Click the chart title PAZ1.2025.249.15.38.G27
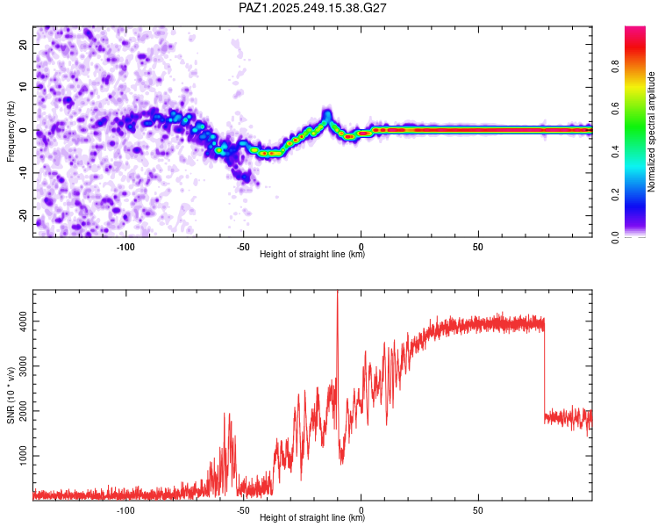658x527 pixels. pyautogui.click(x=312, y=8)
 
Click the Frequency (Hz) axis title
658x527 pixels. pyautogui.click(x=11, y=132)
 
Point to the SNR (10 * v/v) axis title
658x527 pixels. pyautogui.click(x=11, y=395)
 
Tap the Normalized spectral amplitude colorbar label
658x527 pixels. pyautogui.click(x=651, y=132)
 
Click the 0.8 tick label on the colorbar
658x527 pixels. pyautogui.click(x=615, y=67)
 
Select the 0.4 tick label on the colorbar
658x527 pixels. pyautogui.click(x=615, y=151)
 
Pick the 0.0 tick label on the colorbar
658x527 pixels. pyautogui.click(x=615, y=237)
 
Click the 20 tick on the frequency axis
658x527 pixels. pyautogui.click(x=23, y=44)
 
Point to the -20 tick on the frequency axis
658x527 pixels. pyautogui.click(x=23, y=215)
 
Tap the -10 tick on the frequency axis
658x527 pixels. pyautogui.click(x=23, y=172)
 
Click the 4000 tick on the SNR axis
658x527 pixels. pyautogui.click(x=23, y=321)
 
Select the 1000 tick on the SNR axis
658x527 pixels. pyautogui.click(x=23, y=456)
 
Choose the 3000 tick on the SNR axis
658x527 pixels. pyautogui.click(x=23, y=366)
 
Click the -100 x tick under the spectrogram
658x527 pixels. pyautogui.click(x=125, y=247)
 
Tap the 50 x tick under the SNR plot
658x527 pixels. pyautogui.click(x=478, y=510)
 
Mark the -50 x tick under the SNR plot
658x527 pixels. pyautogui.click(x=243, y=510)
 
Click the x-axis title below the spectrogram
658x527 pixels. pyautogui.click(x=312, y=254)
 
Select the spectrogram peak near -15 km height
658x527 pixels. pyautogui.click(x=326, y=115)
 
